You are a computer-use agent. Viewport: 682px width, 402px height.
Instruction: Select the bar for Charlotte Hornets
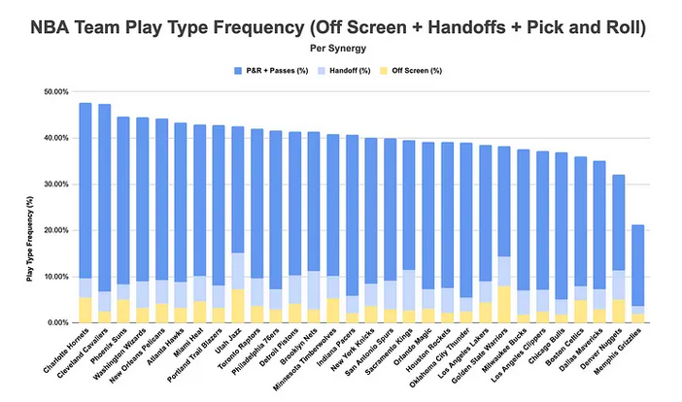pos(85,194)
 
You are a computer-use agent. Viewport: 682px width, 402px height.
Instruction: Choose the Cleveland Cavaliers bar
pos(104,194)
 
